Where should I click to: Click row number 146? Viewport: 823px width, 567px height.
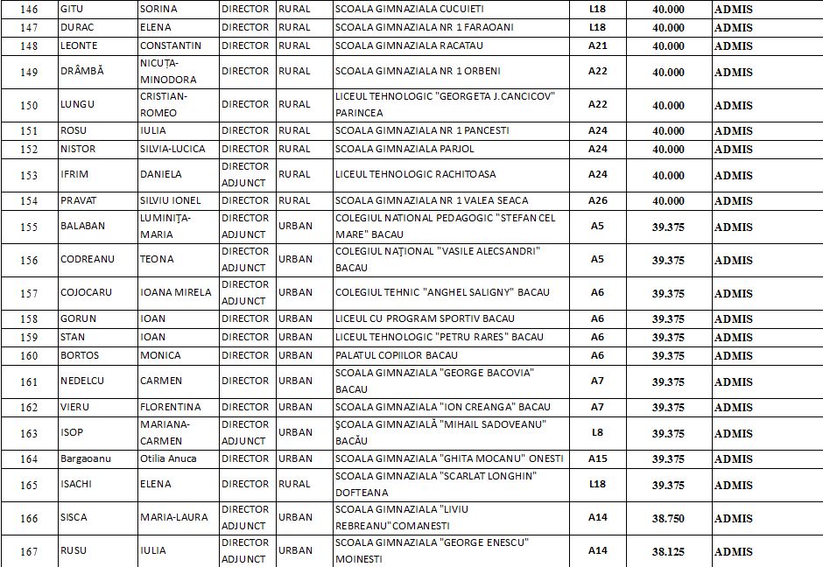(29, 10)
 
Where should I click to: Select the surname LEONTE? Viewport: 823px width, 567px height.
(79, 45)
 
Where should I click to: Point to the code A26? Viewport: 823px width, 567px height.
(597, 200)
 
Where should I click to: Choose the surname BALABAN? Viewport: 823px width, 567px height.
(82, 226)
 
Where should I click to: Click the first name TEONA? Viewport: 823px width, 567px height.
(157, 260)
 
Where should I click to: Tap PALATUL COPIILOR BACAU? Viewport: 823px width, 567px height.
(396, 355)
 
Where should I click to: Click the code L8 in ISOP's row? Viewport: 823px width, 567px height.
(597, 432)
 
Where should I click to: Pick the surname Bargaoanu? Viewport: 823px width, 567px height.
(86, 458)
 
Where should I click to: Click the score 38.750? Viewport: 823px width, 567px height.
(668, 518)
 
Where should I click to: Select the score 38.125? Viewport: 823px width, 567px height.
(668, 551)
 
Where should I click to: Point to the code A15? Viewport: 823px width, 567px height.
(597, 458)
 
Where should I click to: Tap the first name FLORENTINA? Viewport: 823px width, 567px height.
(171, 407)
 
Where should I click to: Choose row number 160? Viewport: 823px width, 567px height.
(29, 355)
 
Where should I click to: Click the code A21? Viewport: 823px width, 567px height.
(597, 45)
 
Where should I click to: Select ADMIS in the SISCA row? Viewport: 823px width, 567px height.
(733, 518)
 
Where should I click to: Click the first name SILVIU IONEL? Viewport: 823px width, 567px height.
(171, 200)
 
